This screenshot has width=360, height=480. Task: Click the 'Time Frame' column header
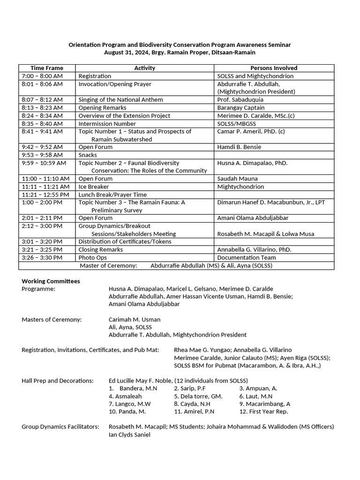click(x=46, y=68)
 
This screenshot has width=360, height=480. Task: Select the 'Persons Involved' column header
click(x=274, y=68)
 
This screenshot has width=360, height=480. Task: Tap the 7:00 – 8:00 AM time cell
click(x=42, y=76)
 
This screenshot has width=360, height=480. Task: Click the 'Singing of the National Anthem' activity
click(x=120, y=99)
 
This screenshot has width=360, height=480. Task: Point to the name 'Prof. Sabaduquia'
click(x=240, y=99)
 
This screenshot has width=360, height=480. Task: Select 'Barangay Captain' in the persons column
click(x=241, y=107)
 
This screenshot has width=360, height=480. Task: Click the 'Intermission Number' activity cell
click(x=107, y=123)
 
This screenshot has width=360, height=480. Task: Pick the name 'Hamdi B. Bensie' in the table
click(x=239, y=147)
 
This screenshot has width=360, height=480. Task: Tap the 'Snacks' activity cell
click(x=88, y=155)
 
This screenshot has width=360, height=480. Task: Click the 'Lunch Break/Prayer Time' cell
click(x=112, y=195)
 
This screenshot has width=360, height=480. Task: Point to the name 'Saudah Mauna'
click(x=237, y=179)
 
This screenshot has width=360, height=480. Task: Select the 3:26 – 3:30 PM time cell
click(x=42, y=257)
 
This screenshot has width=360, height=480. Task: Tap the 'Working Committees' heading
click(x=51, y=281)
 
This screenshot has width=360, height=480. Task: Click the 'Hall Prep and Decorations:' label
click(x=58, y=381)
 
